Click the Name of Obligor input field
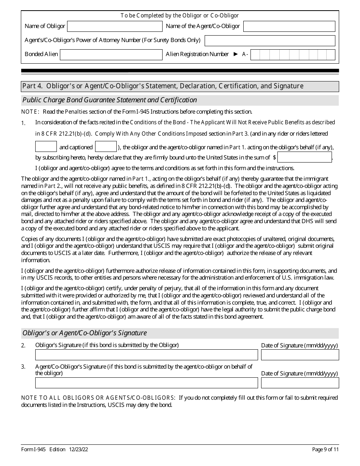point(114,26)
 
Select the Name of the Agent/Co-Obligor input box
point(289,26)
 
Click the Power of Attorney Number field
point(270,41)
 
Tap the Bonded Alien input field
point(111,55)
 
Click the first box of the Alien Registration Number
point(255,55)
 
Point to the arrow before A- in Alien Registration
point(236,54)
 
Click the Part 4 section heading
point(163,86)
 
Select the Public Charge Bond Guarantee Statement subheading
point(110,100)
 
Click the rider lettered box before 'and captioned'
point(46,147)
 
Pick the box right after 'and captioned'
point(106,147)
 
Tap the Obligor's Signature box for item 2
point(146,355)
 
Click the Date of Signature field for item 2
point(300,355)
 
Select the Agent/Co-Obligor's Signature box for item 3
point(146,383)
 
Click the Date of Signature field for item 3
point(300,383)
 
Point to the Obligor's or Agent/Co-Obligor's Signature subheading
point(85,333)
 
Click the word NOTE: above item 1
point(30,112)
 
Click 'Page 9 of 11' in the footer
point(325,450)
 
